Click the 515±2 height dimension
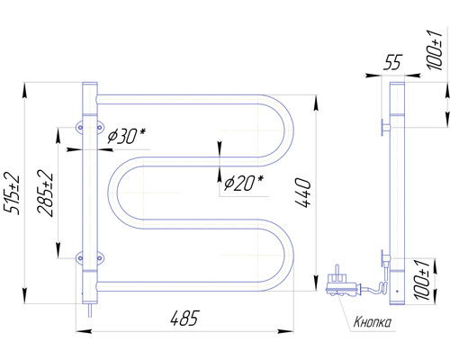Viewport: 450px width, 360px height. point(12,193)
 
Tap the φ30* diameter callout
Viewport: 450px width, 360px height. point(126,136)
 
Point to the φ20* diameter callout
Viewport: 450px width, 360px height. point(243,182)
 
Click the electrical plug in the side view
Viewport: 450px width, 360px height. point(340,279)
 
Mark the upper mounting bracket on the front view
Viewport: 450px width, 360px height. point(87,126)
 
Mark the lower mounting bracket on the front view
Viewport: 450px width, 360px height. point(87,259)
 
